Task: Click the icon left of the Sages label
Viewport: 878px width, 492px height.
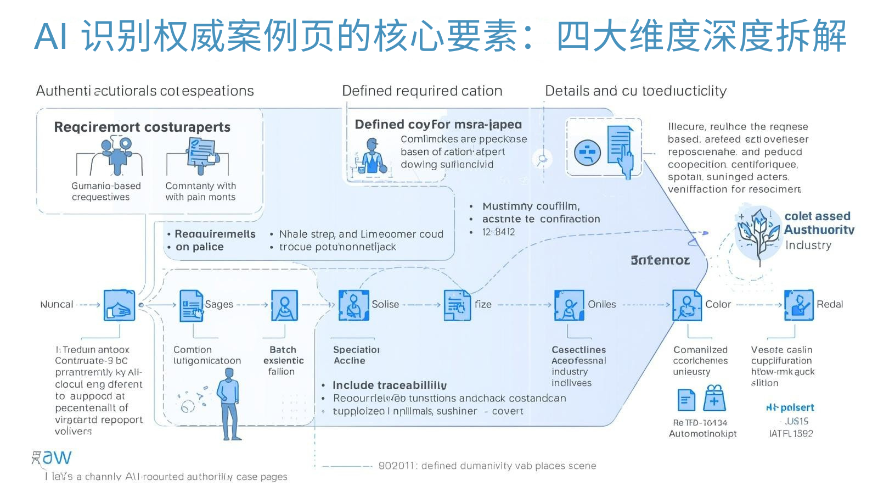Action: pyautogui.click(x=191, y=305)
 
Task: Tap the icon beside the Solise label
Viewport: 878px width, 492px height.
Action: pyautogui.click(x=354, y=305)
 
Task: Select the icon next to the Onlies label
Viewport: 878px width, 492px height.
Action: pyautogui.click(x=569, y=305)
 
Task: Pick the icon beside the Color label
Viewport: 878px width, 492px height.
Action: pyautogui.click(x=687, y=305)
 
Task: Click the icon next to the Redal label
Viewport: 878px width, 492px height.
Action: pyautogui.click(x=798, y=305)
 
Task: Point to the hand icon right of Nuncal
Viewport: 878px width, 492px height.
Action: pyautogui.click(x=119, y=305)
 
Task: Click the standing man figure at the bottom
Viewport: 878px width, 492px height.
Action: pyautogui.click(x=229, y=404)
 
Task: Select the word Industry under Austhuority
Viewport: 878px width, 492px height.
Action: pyautogui.click(x=808, y=245)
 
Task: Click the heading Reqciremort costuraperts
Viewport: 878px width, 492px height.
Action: pyautogui.click(x=142, y=127)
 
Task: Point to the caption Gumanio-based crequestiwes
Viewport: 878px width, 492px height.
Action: pyautogui.click(x=106, y=192)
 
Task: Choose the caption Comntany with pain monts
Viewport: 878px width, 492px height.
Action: pyautogui.click(x=200, y=192)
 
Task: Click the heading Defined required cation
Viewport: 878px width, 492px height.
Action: pyautogui.click(x=422, y=91)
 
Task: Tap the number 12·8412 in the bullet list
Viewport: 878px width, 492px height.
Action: pyautogui.click(x=499, y=232)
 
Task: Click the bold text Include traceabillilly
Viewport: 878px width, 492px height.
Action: pyautogui.click(x=390, y=385)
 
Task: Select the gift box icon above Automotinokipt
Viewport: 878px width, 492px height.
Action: pyautogui.click(x=714, y=398)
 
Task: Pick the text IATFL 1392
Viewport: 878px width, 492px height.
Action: pyautogui.click(x=791, y=434)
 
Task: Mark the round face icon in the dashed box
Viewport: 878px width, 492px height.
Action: pyautogui.click(x=587, y=153)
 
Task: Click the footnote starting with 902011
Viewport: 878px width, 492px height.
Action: pyautogui.click(x=487, y=466)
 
